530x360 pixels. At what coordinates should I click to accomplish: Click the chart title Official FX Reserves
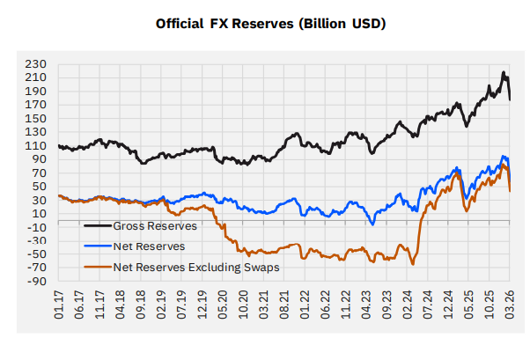(x=270, y=23)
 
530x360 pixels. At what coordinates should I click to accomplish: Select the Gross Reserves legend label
(x=155, y=225)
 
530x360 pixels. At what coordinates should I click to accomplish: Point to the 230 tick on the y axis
(x=38, y=64)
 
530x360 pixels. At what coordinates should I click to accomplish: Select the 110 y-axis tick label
(x=38, y=146)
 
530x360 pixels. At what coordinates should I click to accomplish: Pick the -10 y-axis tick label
(x=38, y=227)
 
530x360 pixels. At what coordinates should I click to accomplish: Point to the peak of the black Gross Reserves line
(x=503, y=72)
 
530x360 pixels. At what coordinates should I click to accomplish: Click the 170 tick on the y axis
(x=38, y=105)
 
